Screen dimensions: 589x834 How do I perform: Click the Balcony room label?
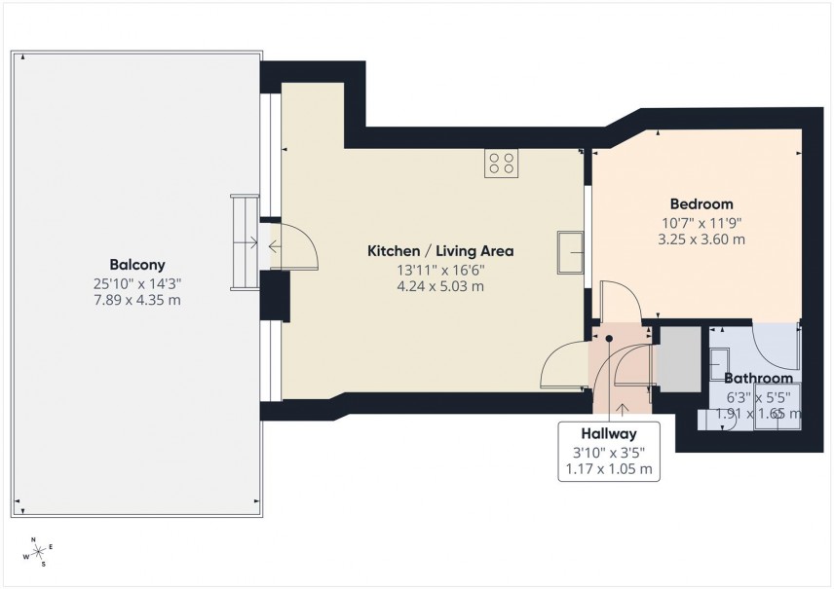[x=136, y=264]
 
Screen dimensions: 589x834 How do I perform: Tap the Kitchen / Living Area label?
[x=439, y=251]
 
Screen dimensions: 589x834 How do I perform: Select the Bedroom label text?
[x=701, y=204]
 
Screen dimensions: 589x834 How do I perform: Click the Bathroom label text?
[x=758, y=378]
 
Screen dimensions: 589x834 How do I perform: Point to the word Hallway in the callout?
[x=609, y=434]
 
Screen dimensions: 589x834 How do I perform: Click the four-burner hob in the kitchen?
[x=502, y=163]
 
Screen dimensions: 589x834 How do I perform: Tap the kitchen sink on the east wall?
[x=570, y=251]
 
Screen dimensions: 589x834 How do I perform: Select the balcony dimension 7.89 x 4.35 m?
[x=136, y=300]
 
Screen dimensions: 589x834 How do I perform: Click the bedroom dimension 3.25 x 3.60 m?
[x=701, y=239]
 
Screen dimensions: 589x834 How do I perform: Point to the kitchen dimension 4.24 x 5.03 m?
[x=439, y=286]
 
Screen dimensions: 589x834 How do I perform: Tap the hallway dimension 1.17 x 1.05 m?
[x=609, y=469]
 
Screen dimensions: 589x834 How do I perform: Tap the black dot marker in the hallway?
[x=609, y=339]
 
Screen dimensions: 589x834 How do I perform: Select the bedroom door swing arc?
[x=620, y=298]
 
